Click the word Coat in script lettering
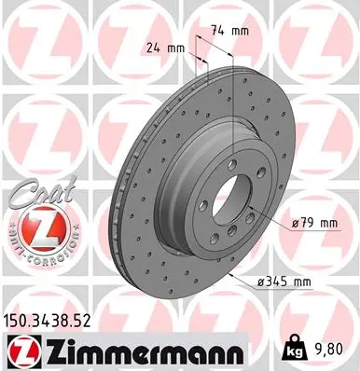[x=34, y=193]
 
